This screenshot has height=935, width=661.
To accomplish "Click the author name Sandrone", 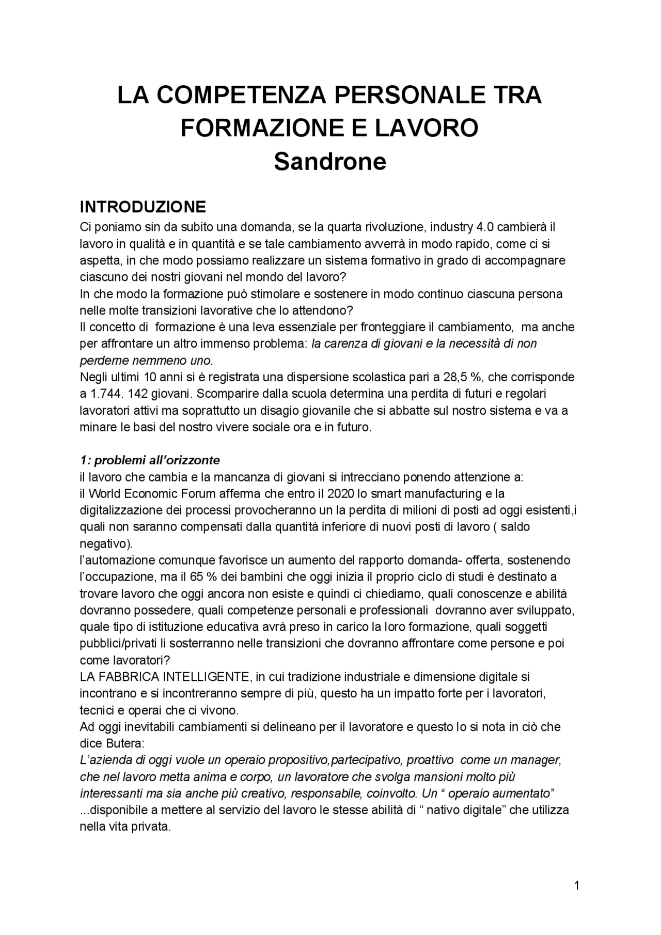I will [x=329, y=162].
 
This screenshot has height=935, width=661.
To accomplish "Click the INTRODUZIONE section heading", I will [x=143, y=207].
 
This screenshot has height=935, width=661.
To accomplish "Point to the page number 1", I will [x=577, y=886].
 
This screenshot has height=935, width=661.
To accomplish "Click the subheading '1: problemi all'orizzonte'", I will [x=150, y=460].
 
